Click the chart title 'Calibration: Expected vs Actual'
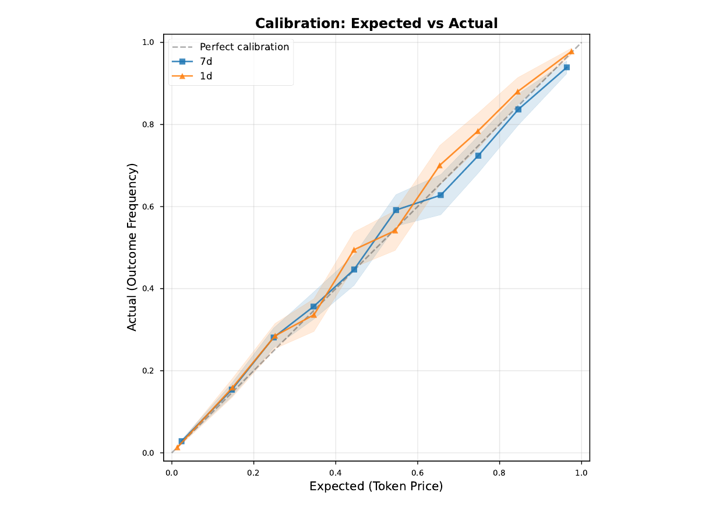pyautogui.click(x=376, y=23)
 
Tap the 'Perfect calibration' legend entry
pyautogui.click(x=244, y=47)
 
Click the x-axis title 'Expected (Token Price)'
pyautogui.click(x=376, y=486)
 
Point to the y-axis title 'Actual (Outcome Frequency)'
pyautogui.click(x=132, y=247)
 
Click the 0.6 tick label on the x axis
pyautogui.click(x=417, y=472)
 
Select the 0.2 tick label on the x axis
pyautogui.click(x=253, y=472)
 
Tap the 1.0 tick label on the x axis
pyautogui.click(x=581, y=472)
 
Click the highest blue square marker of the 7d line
pyautogui.click(x=566, y=67)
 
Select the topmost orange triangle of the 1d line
pyautogui.click(x=571, y=51)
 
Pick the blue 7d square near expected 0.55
pyautogui.click(x=396, y=209)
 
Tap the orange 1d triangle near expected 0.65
pyautogui.click(x=440, y=165)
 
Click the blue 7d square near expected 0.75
pyautogui.click(x=478, y=156)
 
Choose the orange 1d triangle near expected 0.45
pyautogui.click(x=354, y=250)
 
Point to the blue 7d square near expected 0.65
pyautogui.click(x=440, y=195)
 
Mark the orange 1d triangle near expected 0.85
pyautogui.click(x=517, y=92)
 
